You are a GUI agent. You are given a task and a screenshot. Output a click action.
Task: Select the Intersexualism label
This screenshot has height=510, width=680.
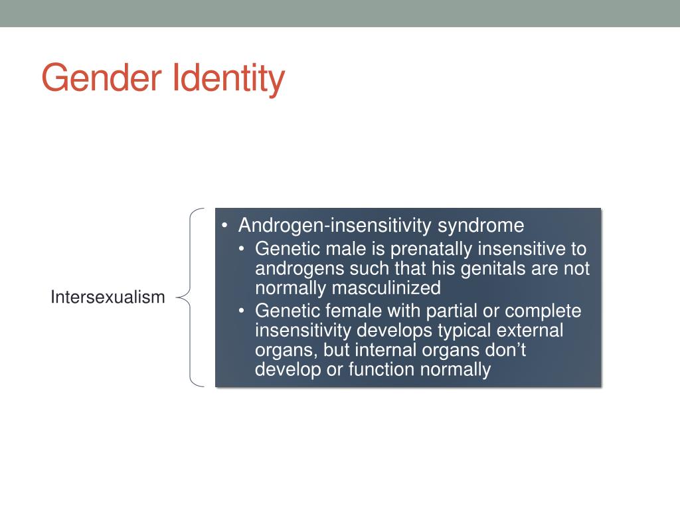(108, 297)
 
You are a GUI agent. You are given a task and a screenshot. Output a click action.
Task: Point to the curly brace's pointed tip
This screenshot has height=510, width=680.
(178, 297)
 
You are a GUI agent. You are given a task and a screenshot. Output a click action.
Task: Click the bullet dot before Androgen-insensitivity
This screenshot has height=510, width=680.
(226, 226)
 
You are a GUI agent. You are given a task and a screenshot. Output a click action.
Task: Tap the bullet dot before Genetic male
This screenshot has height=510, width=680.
(243, 250)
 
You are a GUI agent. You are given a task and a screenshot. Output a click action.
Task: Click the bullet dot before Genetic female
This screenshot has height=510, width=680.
(243, 311)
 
